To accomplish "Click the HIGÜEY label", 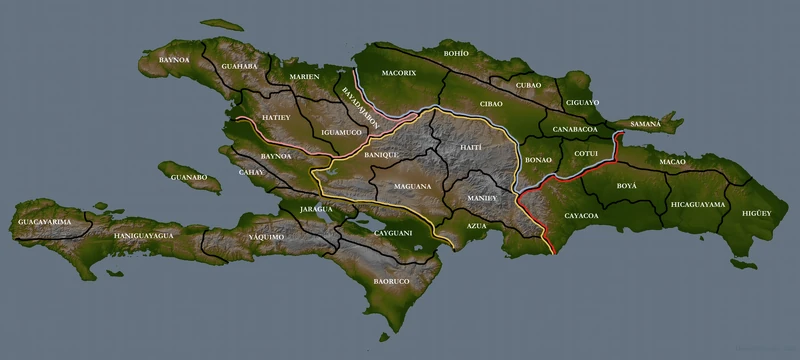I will (x=757, y=213).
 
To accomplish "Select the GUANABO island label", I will (x=188, y=178).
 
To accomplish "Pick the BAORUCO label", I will (x=393, y=282).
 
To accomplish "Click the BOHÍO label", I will (x=456, y=52).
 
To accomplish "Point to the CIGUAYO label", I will (x=582, y=102).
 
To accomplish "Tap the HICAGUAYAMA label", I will (x=698, y=204).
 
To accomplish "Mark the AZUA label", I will (x=477, y=228).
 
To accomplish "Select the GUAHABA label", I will (x=240, y=66).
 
